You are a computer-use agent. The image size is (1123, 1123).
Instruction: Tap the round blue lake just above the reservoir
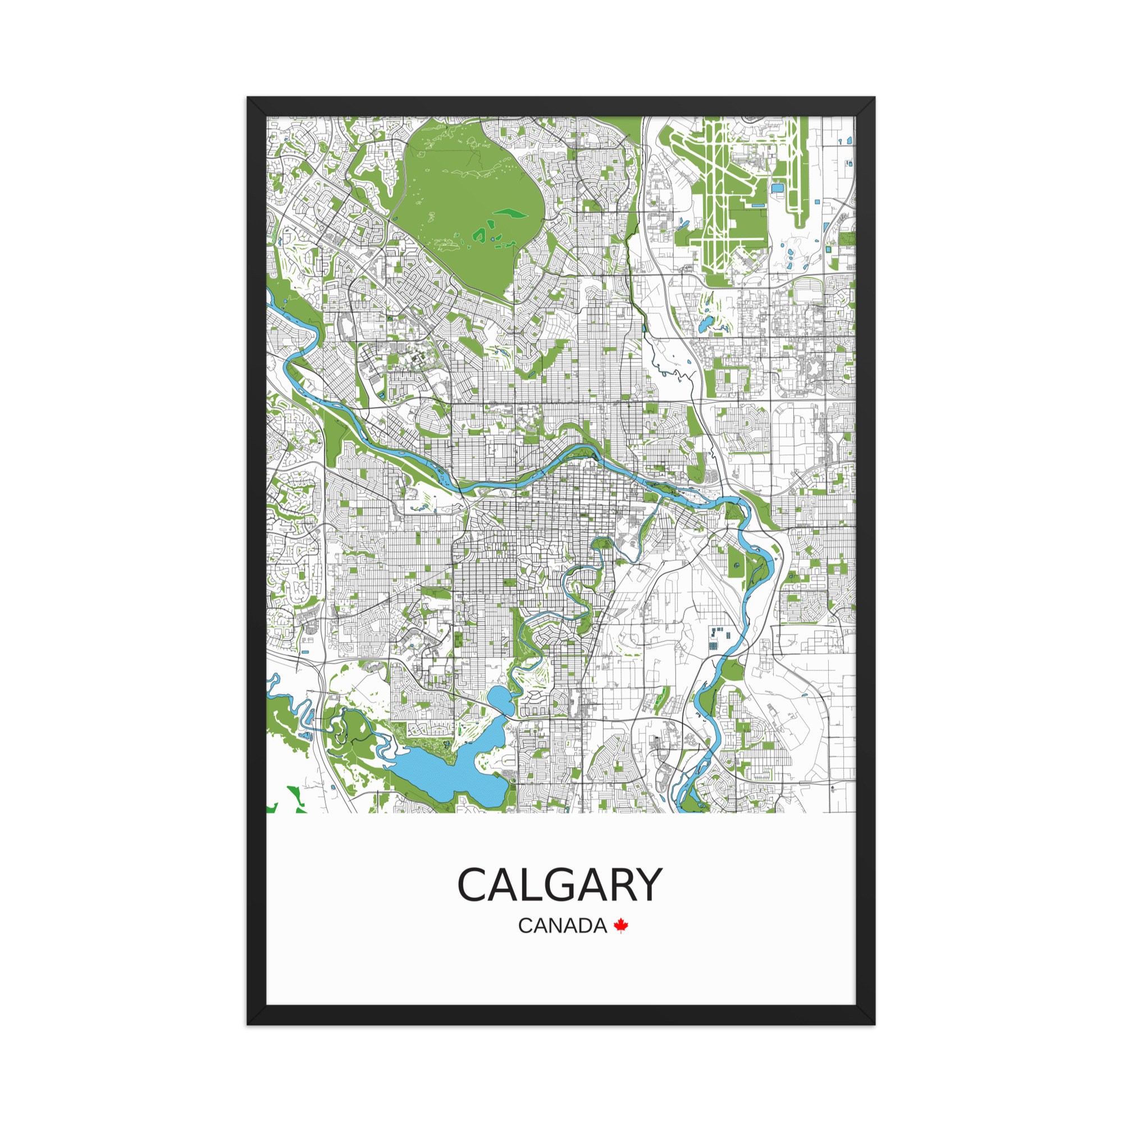tap(500, 698)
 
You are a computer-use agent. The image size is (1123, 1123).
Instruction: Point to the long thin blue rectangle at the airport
tap(758, 205)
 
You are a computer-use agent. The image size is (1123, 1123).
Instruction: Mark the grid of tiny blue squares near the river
tap(716, 639)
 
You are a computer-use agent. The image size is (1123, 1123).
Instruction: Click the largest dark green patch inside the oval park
tap(512, 213)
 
